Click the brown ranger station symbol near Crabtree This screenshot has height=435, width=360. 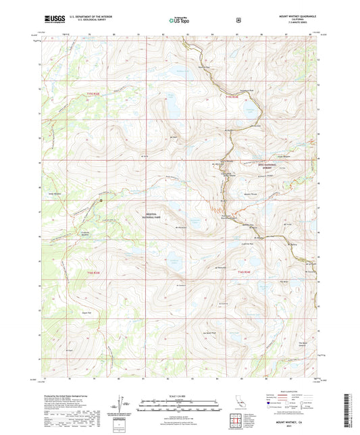pos(101,201)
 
